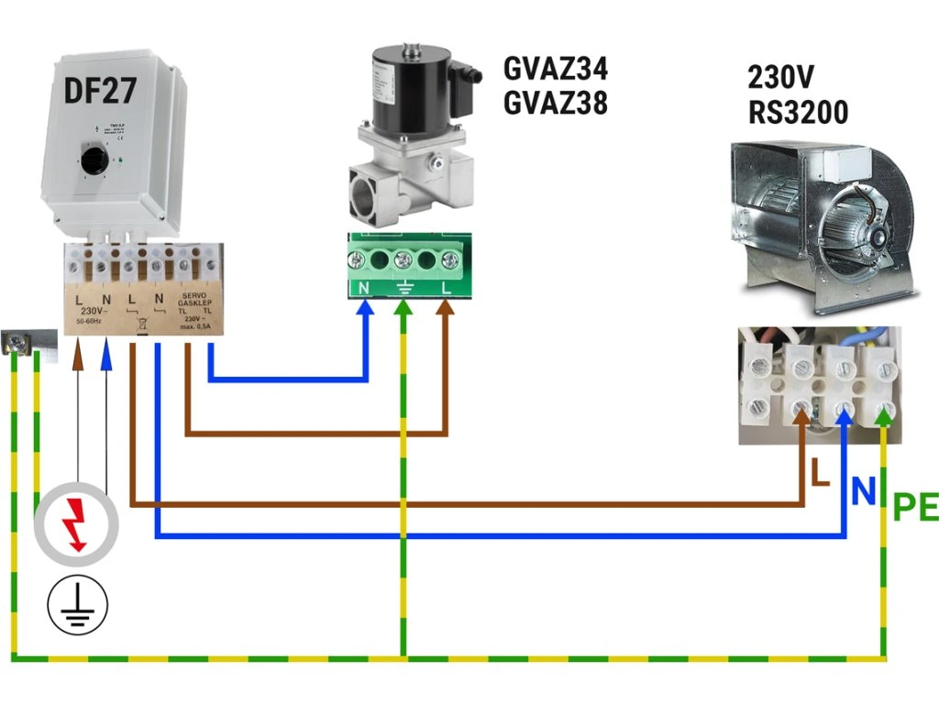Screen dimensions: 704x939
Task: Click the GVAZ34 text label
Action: pyautogui.click(x=556, y=69)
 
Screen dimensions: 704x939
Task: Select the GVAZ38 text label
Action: pyautogui.click(x=556, y=103)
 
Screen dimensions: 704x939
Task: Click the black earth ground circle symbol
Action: pyautogui.click(x=77, y=604)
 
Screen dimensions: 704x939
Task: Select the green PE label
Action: pyautogui.click(x=915, y=507)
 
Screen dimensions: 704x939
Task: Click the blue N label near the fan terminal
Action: pyautogui.click(x=864, y=492)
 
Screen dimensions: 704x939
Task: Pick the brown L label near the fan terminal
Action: pyautogui.click(x=820, y=473)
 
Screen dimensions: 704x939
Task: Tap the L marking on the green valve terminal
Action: pyautogui.click(x=448, y=288)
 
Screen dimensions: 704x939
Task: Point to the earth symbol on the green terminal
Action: pyautogui.click(x=404, y=289)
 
